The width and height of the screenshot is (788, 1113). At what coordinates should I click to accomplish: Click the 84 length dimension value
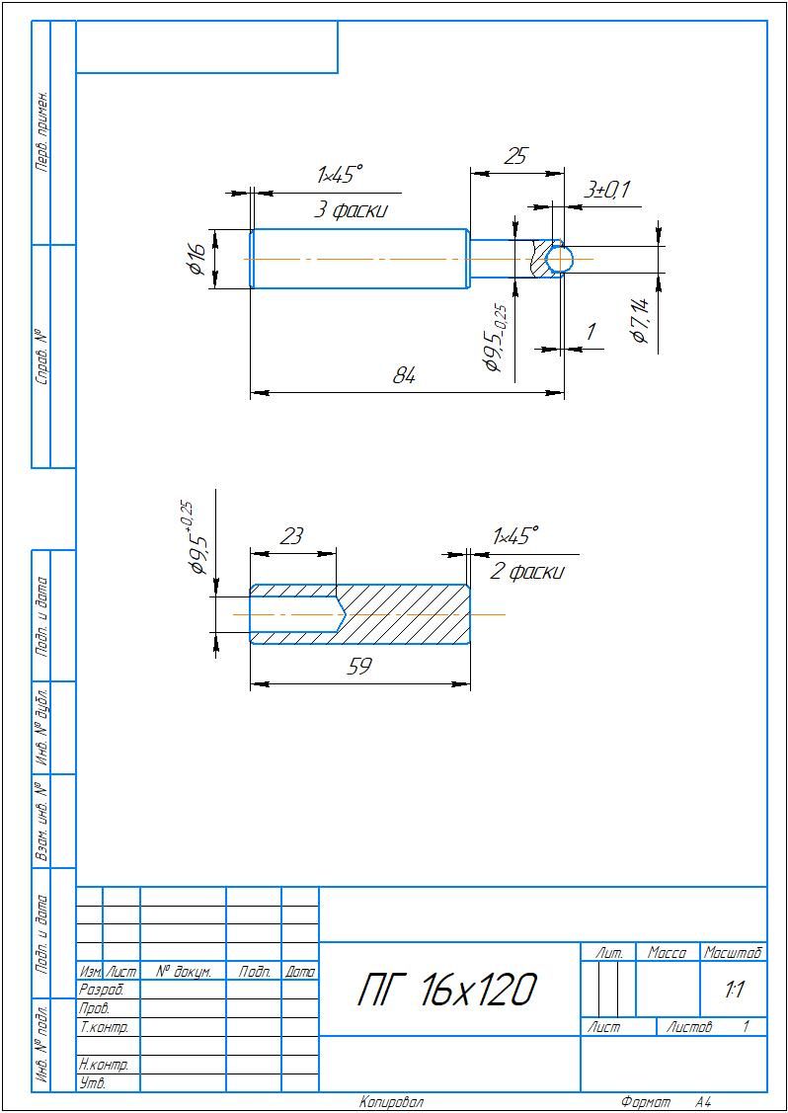(x=404, y=376)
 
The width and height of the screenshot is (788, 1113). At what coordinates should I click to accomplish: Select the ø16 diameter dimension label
(x=196, y=258)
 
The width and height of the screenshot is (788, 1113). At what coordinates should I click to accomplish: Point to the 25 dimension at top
(x=515, y=156)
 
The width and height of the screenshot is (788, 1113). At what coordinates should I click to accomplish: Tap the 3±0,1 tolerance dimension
(x=606, y=190)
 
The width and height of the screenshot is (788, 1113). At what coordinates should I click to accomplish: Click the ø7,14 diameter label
(x=639, y=320)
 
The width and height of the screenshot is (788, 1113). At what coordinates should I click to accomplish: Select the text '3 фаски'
(x=351, y=210)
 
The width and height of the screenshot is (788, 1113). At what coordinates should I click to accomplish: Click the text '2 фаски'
(x=527, y=572)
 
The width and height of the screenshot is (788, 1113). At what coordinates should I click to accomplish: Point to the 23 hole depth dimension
(x=291, y=536)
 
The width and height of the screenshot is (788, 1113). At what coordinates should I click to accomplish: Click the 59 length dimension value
(x=359, y=667)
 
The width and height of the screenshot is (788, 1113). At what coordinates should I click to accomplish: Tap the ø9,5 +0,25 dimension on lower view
(x=194, y=539)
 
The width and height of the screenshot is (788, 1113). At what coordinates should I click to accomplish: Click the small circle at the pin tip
(x=560, y=259)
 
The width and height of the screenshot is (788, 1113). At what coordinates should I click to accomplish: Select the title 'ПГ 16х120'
(x=447, y=990)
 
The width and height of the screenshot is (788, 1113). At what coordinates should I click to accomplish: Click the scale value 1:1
(x=734, y=990)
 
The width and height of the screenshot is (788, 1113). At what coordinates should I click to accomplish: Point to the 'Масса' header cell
(x=667, y=953)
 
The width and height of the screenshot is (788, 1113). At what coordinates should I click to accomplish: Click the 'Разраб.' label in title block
(x=100, y=990)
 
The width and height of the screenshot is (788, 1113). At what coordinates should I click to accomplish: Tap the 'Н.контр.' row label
(x=104, y=1066)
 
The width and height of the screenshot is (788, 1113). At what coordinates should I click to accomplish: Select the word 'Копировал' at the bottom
(x=391, y=1102)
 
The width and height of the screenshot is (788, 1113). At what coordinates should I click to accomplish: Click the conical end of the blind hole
(x=341, y=614)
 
